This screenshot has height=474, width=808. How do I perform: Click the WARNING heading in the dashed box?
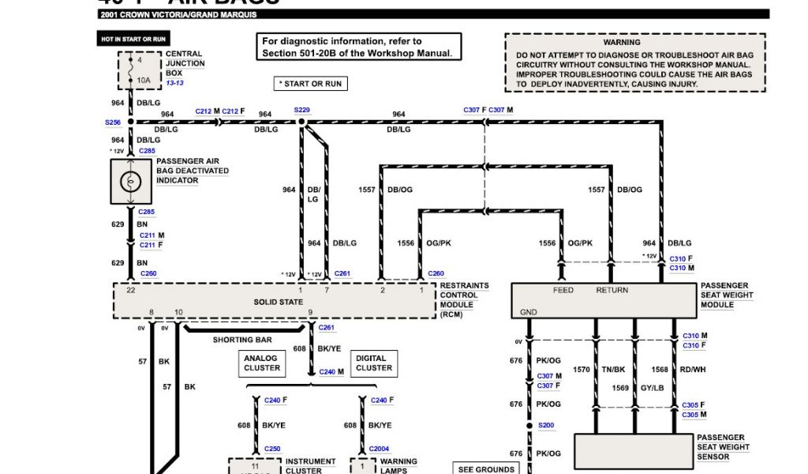pos(622,42)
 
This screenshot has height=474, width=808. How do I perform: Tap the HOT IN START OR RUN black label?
pos(133,39)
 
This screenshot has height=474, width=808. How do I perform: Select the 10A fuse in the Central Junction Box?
pos(142,80)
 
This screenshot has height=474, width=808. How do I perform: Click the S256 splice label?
pos(113,122)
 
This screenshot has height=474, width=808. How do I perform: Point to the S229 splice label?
pos(301,111)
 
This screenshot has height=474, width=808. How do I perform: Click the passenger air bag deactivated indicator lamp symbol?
pos(130,182)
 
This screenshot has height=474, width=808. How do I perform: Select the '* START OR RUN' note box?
pos(311,83)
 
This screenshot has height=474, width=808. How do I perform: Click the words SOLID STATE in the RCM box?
pos(278,302)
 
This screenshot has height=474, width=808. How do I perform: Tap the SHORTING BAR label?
pos(243,340)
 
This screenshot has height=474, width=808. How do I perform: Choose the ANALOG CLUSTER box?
pos(262,363)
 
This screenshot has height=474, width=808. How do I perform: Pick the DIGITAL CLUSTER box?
pos(373,363)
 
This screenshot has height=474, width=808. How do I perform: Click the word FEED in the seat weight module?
pos(563,290)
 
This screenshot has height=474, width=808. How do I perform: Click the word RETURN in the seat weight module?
pos(612,290)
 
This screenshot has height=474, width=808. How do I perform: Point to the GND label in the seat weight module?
pos(529,312)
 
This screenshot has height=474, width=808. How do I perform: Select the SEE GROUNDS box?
pos(486,469)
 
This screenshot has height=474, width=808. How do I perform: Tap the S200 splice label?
pos(546,425)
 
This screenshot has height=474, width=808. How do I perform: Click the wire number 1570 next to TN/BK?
pos(581,369)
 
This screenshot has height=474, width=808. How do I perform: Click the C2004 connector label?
pos(379,449)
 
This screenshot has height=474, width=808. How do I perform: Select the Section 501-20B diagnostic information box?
pos(360,47)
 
